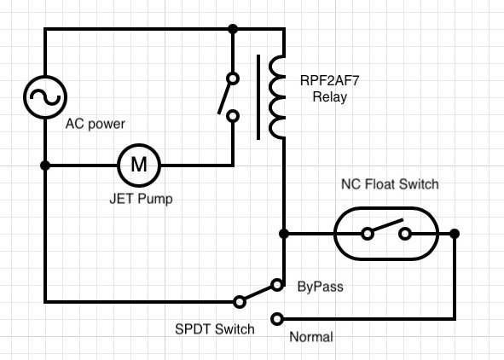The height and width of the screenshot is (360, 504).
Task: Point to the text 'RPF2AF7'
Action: point(329,80)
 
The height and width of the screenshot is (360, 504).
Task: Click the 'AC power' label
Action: point(96,124)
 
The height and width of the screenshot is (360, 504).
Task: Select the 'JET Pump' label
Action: point(141,199)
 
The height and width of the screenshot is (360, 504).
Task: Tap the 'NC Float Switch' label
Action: point(390,184)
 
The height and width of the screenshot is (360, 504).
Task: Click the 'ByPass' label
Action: point(320,287)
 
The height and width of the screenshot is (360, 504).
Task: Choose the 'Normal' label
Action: point(310,337)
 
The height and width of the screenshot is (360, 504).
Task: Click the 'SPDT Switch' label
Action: point(215,329)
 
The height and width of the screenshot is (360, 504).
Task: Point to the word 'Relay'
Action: point(330,97)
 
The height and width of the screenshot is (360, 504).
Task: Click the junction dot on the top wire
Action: point(233,29)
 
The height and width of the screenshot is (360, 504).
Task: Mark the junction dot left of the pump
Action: point(45,165)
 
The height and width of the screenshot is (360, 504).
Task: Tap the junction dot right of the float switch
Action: point(455,234)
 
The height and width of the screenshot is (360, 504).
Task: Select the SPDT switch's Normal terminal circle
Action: point(277,319)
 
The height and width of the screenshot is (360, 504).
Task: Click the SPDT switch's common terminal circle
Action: point(240,302)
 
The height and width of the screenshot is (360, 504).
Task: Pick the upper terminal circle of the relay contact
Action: point(233,78)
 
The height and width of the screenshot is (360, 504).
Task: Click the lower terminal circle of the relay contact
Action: point(233,116)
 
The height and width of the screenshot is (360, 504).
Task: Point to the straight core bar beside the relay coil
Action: point(258,97)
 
